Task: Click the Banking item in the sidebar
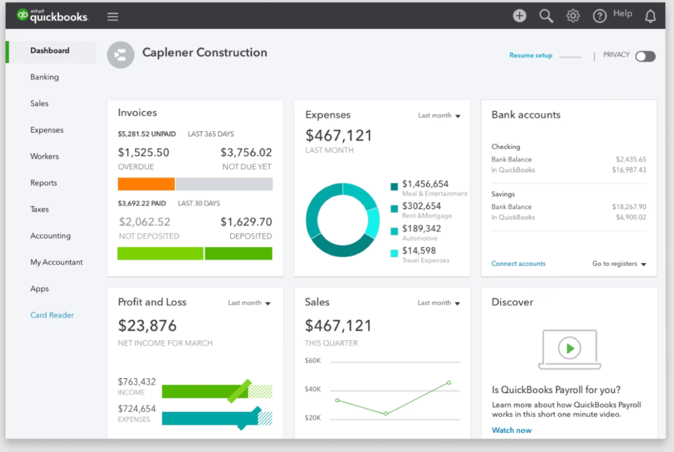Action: point(44,77)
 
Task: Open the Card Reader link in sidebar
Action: point(52,315)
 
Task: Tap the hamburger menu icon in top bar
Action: point(113,16)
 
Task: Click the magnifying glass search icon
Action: point(546,16)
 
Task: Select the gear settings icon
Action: point(573,16)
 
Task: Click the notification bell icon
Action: point(650,16)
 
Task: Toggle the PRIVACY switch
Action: point(645,56)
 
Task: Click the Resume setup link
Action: point(530,56)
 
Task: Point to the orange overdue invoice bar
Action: point(146,184)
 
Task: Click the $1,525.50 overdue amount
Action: point(143,153)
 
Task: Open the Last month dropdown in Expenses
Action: point(439,116)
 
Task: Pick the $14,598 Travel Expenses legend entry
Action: point(419,251)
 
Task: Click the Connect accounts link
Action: point(518,264)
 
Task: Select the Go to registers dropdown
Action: point(618,264)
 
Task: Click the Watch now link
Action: point(511,430)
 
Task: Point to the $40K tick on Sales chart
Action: point(313,389)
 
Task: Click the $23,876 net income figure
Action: point(147,325)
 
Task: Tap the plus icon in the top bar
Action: point(520,16)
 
